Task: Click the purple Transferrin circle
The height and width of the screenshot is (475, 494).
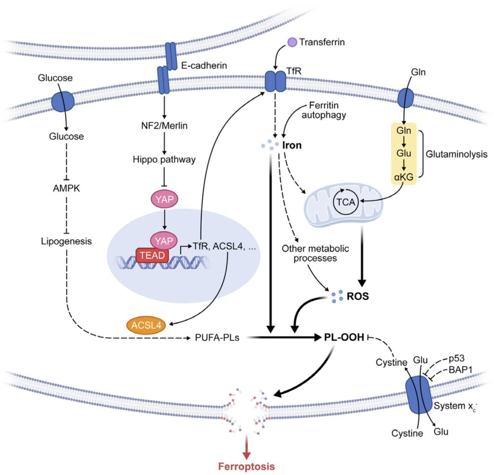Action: click(x=292, y=43)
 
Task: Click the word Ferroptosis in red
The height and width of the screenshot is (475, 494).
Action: click(x=247, y=467)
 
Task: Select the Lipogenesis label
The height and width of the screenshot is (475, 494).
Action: click(x=66, y=240)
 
